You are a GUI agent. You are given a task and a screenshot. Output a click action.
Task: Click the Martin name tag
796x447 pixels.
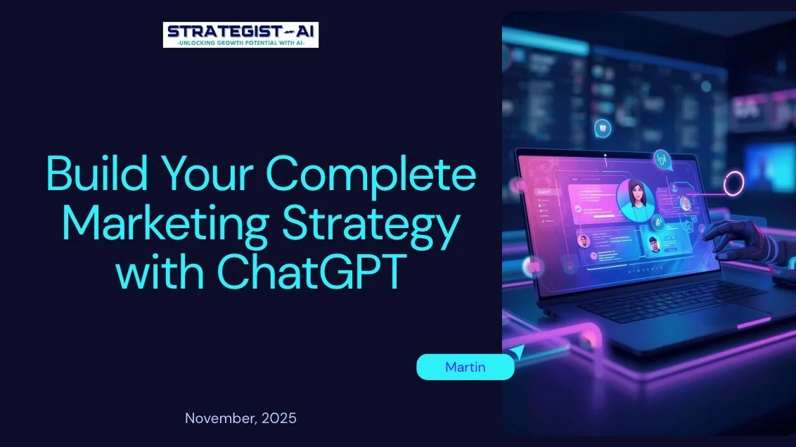465,367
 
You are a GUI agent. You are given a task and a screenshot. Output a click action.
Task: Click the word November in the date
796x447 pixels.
219,418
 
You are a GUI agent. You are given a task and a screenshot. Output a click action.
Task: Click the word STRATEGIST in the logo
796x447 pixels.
222,31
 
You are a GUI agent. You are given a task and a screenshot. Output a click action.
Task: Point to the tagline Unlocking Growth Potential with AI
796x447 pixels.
240,42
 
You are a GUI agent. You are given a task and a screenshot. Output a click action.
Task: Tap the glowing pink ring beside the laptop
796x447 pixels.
734,183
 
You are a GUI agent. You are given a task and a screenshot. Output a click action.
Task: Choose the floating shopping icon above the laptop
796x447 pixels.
603,127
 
